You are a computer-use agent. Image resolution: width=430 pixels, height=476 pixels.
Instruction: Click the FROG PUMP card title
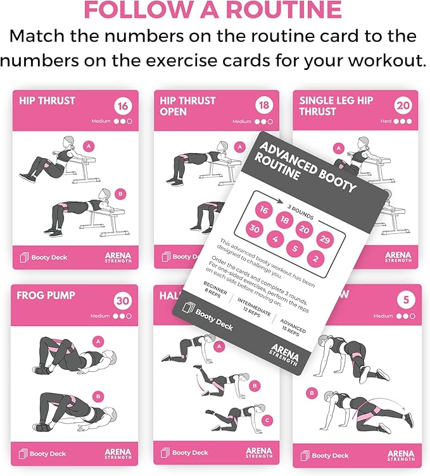tap(46, 295)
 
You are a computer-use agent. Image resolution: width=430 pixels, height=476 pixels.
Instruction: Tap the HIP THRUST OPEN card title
tap(187, 106)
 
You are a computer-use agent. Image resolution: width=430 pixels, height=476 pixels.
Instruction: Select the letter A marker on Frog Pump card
tap(98, 341)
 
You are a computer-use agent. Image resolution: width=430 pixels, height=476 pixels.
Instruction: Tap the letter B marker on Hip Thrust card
tap(121, 194)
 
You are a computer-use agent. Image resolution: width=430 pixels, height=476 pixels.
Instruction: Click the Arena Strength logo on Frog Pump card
tap(118, 452)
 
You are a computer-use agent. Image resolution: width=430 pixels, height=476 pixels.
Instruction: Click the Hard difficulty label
tap(386, 121)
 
